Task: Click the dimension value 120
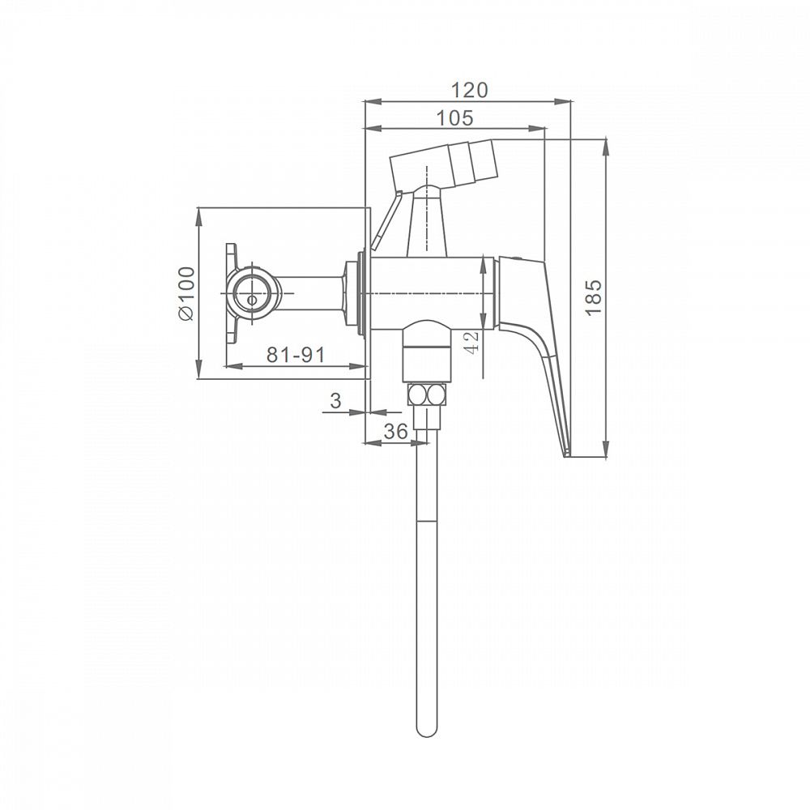tap(469, 90)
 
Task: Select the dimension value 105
tap(454, 118)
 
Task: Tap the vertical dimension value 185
tap(594, 297)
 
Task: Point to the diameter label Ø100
tap(186, 293)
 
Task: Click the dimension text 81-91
tap(296, 355)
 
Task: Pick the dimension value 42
tap(472, 342)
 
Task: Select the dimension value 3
tap(336, 400)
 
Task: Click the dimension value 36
tap(396, 431)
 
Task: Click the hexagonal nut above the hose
tap(426, 396)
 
